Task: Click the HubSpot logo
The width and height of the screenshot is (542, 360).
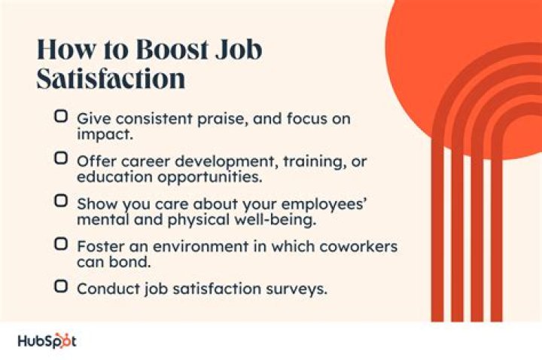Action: (47, 340)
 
